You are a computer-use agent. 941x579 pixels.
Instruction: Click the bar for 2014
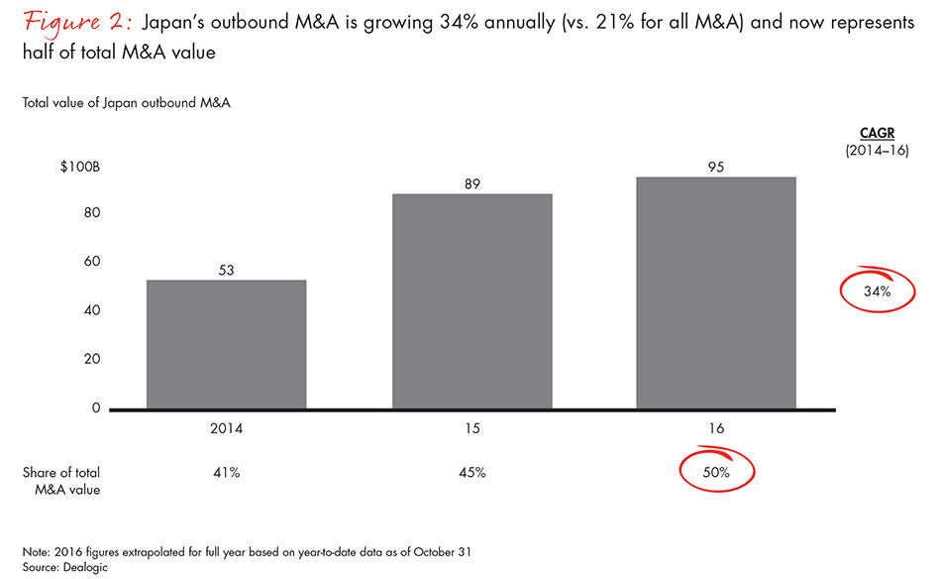(x=226, y=344)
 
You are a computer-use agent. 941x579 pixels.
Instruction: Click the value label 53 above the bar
(x=226, y=270)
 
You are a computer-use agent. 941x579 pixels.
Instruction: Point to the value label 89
(x=471, y=183)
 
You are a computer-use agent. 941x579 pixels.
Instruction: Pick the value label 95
(x=715, y=167)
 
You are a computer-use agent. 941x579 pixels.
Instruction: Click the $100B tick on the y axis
(x=80, y=166)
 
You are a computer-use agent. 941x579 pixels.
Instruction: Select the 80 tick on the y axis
(x=91, y=213)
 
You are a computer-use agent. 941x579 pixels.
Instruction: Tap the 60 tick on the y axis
(x=91, y=262)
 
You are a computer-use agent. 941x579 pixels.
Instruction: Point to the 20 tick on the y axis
(x=91, y=359)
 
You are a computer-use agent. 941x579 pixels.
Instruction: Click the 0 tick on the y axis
(x=96, y=407)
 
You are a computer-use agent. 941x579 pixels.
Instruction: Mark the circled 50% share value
(x=715, y=473)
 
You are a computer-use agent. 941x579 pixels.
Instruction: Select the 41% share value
(x=226, y=473)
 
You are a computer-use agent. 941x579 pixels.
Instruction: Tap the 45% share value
(x=471, y=473)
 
